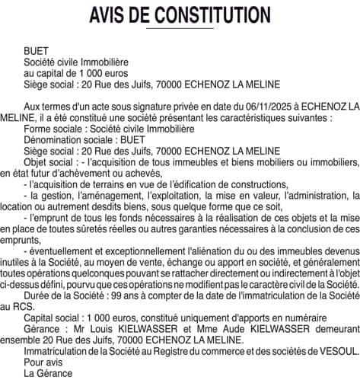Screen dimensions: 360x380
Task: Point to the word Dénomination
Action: [x=56, y=140]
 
